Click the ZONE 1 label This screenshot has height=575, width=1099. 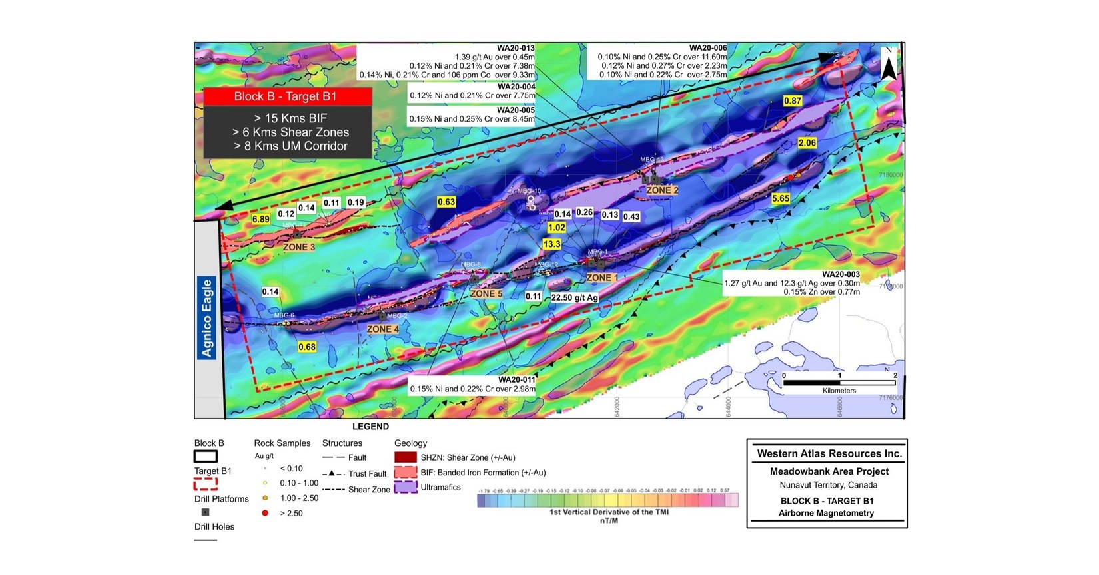pos(602,278)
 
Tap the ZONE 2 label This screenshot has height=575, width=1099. pos(662,190)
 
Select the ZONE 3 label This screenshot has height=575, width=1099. pos(299,247)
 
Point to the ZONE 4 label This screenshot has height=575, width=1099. pos(383,329)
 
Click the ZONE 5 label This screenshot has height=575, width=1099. pos(486,293)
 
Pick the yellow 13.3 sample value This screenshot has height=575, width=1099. pos(551,244)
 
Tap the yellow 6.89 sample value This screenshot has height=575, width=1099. pos(260,219)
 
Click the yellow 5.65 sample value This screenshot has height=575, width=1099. pos(781,198)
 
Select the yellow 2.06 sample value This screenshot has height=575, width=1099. pos(807,143)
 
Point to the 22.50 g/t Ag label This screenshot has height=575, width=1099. pos(574,297)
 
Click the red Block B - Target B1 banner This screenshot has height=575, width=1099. pos(286,96)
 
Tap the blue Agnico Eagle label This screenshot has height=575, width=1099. pos(207,318)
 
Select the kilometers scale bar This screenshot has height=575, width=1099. pos(839,383)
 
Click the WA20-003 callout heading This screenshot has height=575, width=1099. pos(841,274)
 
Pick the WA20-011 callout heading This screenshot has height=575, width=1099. pos(516,380)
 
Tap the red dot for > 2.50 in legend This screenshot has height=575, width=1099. pos(265,513)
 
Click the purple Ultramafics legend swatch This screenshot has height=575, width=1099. pos(406,488)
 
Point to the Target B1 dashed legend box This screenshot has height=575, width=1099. pos(206,484)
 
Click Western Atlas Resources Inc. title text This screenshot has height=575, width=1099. pos(829,454)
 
